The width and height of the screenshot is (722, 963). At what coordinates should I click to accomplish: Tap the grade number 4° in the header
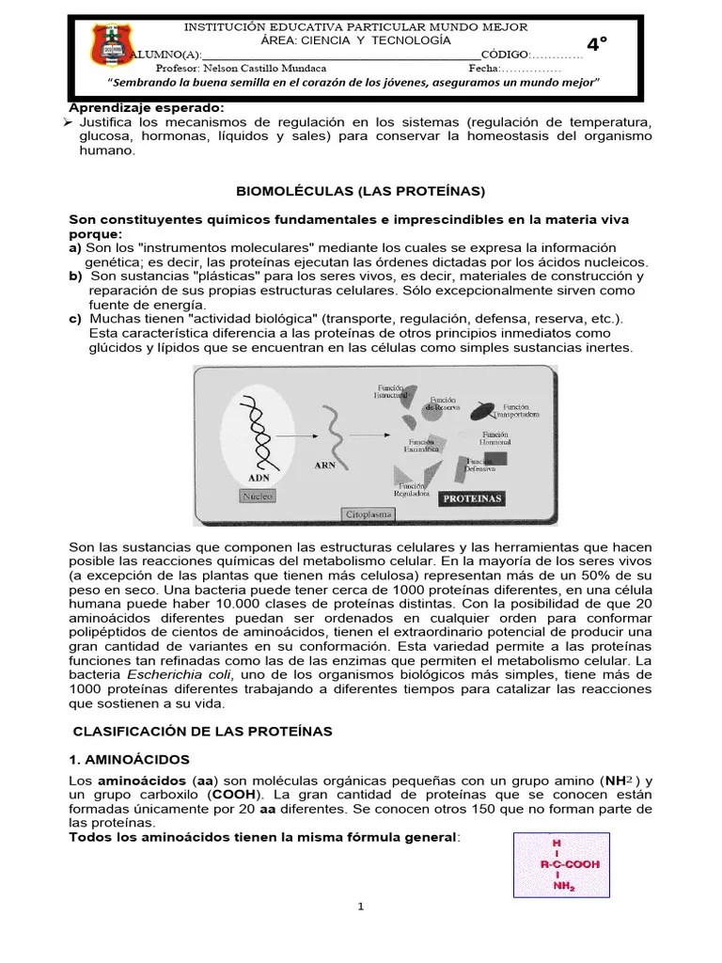(597, 44)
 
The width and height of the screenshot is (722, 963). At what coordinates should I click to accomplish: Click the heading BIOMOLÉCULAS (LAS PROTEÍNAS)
(361, 191)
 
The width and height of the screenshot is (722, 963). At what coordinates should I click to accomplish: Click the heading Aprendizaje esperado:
(147, 108)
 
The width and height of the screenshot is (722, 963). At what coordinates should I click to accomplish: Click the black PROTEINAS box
(473, 497)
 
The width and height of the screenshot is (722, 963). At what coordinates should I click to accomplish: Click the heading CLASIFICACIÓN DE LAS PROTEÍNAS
(202, 731)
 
